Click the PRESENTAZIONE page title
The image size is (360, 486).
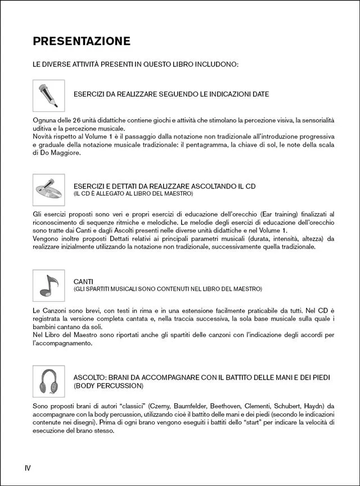pos(82,41)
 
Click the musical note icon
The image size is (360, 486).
pos(48,285)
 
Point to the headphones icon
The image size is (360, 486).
pos(48,381)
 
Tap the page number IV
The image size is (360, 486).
pos(28,467)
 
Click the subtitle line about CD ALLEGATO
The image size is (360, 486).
pos(133,193)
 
